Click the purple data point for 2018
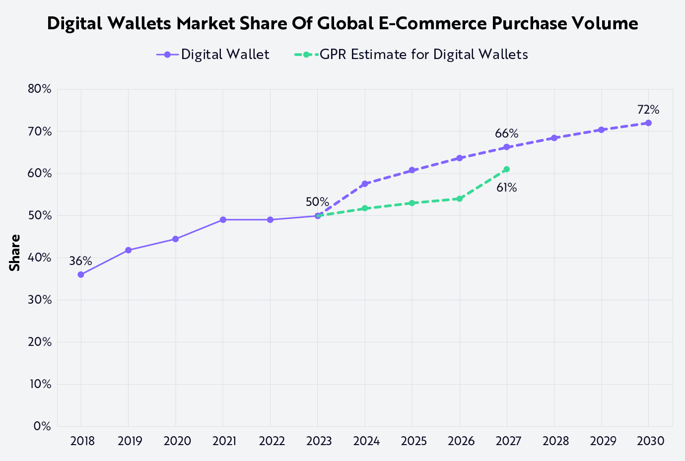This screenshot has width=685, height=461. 81,274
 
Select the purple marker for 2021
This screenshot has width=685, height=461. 223,220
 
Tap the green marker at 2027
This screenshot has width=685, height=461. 506,169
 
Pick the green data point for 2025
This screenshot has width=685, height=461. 412,203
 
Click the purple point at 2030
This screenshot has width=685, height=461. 648,123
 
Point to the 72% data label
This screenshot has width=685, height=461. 648,110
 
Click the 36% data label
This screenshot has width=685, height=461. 80,261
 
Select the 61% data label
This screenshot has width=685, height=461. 506,188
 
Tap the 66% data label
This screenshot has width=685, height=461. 506,133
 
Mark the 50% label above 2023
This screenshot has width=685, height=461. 317,202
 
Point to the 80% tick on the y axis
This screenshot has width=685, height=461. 40,89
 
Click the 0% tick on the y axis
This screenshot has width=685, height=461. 42,426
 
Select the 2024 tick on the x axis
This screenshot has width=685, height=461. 366,441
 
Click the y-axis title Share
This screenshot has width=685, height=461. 15,253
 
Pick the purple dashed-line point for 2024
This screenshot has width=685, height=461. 365,184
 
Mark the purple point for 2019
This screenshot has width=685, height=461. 128,250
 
